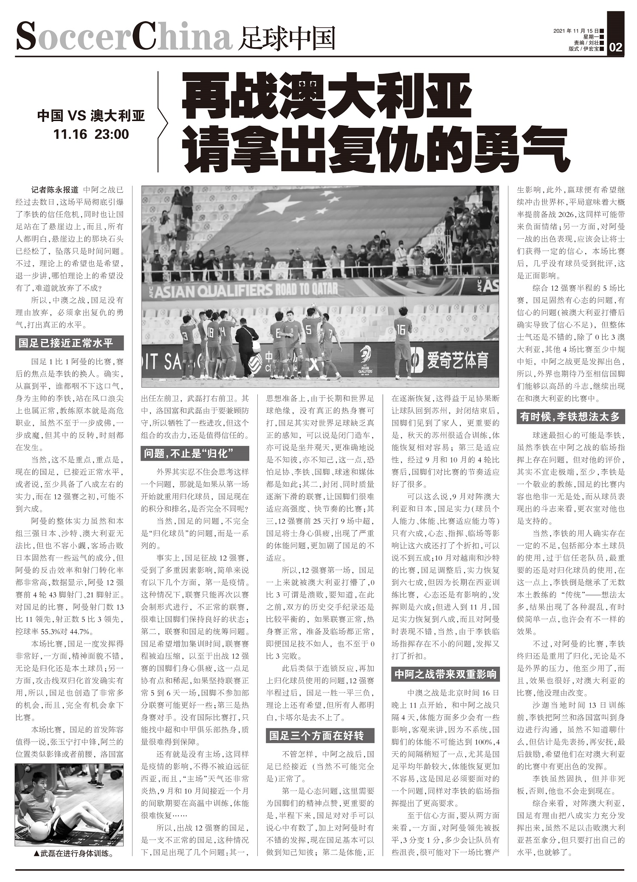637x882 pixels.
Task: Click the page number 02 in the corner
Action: pyautogui.click(x=615, y=47)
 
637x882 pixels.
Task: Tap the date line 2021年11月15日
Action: pyautogui.click(x=576, y=31)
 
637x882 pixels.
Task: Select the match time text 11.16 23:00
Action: pyautogui.click(x=91, y=134)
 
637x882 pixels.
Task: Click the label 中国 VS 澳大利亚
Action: pyautogui.click(x=91, y=116)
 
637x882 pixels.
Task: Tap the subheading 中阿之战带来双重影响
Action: pyautogui.click(x=445, y=674)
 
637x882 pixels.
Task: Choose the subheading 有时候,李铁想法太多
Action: pyautogui.click(x=570, y=417)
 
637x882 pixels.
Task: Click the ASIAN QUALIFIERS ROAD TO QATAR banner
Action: pyautogui.click(x=246, y=290)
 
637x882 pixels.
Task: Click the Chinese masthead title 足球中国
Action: pyautogui.click(x=287, y=38)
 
